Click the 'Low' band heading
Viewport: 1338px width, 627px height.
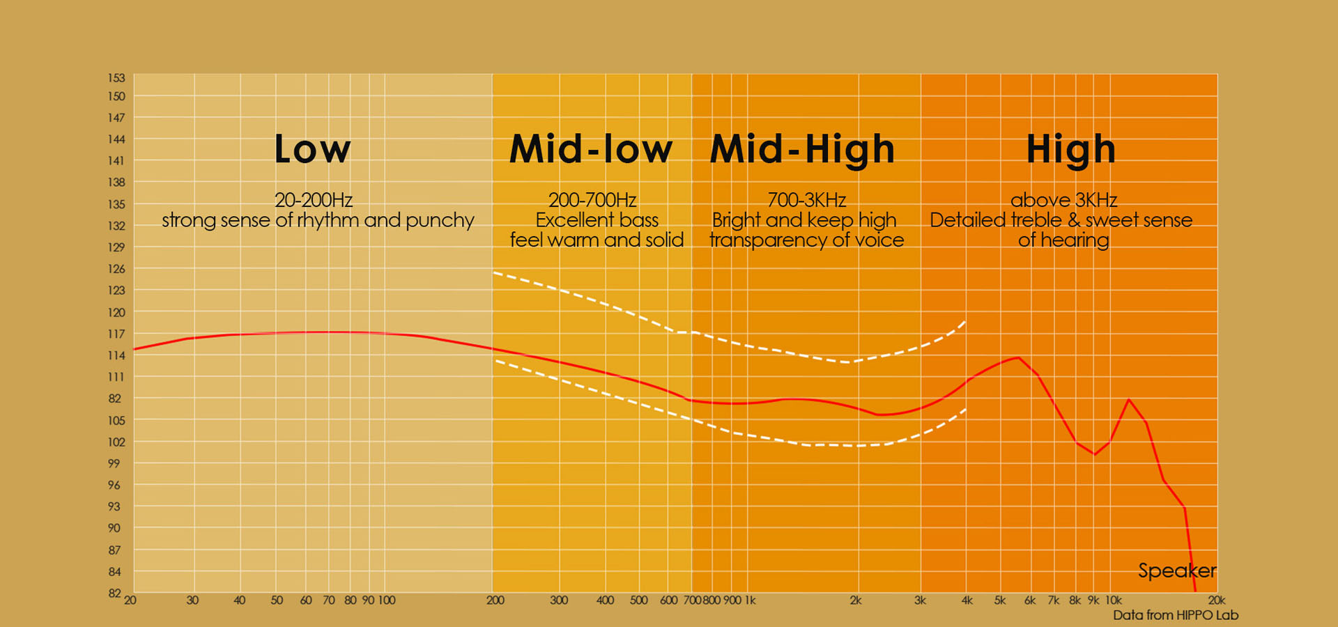click(312, 149)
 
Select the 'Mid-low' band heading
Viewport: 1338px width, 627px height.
click(591, 149)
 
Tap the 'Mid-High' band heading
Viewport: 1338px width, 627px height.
click(802, 149)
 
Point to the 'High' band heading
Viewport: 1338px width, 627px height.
click(1071, 150)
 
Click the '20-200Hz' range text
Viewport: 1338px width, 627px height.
click(314, 200)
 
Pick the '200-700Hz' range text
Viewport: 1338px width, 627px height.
click(592, 200)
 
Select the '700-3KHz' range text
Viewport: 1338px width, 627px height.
click(807, 200)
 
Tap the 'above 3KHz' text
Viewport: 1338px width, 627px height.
click(1064, 200)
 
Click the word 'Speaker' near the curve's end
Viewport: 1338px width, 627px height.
click(1177, 571)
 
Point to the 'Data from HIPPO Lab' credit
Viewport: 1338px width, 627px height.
click(1176, 615)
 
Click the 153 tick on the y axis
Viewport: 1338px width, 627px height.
click(116, 77)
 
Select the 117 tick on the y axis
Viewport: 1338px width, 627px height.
click(116, 334)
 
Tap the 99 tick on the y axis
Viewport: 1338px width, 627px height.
click(114, 463)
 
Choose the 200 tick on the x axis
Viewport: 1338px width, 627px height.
click(495, 600)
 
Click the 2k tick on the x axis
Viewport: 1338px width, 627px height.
click(856, 600)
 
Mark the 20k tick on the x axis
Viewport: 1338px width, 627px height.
click(1217, 600)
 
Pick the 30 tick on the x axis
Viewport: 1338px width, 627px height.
click(192, 600)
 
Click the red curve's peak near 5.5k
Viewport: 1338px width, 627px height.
click(1019, 357)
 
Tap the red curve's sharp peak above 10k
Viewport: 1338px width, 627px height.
click(1129, 399)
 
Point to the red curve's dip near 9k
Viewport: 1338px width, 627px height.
click(1095, 454)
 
